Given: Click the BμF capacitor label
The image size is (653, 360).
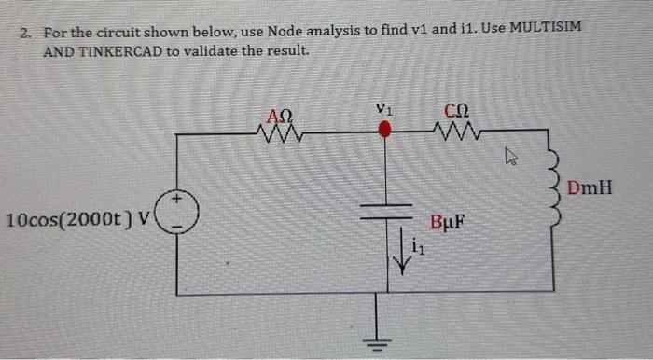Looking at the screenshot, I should [x=449, y=224].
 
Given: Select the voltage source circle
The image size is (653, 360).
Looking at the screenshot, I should [x=177, y=213].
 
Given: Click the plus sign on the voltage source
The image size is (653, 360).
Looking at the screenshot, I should [x=177, y=199].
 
